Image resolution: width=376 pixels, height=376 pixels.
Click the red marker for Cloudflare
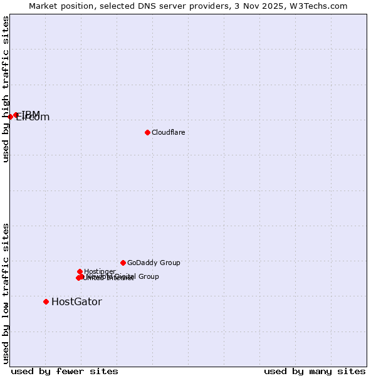[x=147, y=132]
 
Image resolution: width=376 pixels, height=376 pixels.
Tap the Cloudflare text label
[x=168, y=132]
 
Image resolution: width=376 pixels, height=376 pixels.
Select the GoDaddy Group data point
[x=123, y=263]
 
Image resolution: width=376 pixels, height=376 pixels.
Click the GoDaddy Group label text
[x=154, y=263]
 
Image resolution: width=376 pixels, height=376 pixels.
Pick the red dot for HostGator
[x=46, y=301]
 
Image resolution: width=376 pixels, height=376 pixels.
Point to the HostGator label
[x=76, y=301]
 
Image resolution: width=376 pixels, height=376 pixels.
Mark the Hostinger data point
[x=80, y=271]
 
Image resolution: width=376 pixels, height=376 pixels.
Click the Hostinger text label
[x=100, y=271]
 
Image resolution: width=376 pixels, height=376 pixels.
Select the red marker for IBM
[x=16, y=115]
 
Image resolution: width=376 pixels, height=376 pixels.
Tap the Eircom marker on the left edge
[x=10, y=117]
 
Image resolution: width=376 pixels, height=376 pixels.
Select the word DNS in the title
[x=159, y=6]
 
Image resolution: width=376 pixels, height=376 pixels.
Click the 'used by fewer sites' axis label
[x=65, y=371]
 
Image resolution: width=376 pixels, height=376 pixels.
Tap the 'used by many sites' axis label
[x=315, y=371]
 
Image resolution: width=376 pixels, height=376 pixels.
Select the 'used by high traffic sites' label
[x=6, y=89]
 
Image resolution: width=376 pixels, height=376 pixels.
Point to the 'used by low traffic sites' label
[x=6, y=293]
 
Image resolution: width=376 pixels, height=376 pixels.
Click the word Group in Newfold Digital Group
[x=148, y=276]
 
